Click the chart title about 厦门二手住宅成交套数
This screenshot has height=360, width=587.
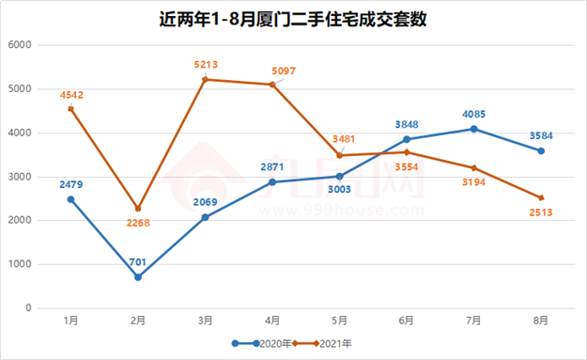tap(293, 18)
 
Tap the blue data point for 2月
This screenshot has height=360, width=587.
tap(138, 277)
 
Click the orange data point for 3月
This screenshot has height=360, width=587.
tap(206, 79)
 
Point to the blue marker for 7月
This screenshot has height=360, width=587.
tap(474, 129)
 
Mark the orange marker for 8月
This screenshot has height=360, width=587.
tap(541, 197)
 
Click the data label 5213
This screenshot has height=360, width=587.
tap(206, 64)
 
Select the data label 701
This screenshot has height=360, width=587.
tap(138, 261)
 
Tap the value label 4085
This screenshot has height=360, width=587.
tap(474, 113)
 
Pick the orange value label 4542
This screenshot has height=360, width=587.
tap(71, 94)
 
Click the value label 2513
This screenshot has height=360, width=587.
tap(541, 212)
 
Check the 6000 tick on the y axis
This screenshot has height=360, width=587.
tap(21, 45)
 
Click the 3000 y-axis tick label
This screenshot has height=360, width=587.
tap(21, 177)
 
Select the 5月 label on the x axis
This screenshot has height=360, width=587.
tap(340, 321)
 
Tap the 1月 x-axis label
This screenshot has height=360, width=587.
tap(71, 321)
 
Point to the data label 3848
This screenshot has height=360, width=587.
tap(408, 124)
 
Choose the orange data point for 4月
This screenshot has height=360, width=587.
tap(272, 85)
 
